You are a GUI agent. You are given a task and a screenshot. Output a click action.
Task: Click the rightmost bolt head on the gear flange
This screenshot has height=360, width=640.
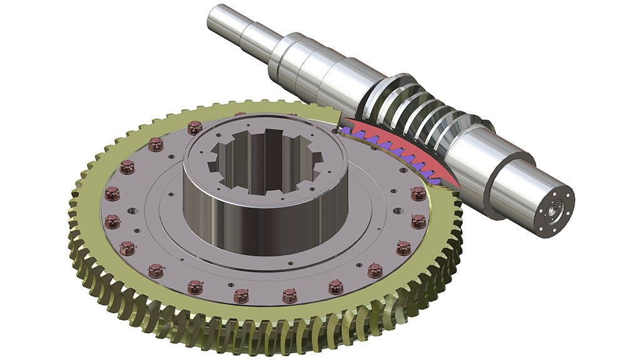[x=418, y=220]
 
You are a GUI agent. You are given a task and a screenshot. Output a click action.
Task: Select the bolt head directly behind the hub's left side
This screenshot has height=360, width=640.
[x=194, y=127]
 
